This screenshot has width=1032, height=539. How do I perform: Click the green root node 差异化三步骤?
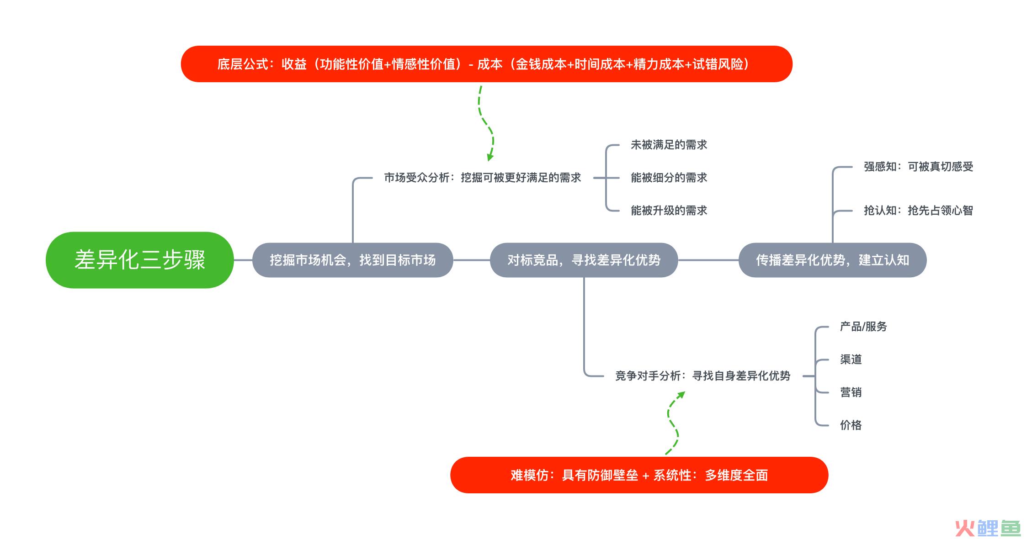[140, 260]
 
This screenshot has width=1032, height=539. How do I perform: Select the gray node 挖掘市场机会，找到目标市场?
[352, 260]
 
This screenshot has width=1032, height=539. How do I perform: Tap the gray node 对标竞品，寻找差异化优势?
[584, 260]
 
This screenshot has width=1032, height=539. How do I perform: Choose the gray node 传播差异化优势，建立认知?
[832, 260]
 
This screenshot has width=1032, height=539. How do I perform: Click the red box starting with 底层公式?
[486, 64]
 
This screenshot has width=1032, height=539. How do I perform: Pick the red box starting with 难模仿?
[639, 475]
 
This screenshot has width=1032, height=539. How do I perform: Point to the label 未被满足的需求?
[669, 145]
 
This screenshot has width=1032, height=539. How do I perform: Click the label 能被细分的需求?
[669, 178]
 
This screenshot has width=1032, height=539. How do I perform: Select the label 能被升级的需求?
[669, 211]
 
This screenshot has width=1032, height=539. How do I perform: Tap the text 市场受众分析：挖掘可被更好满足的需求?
[482, 178]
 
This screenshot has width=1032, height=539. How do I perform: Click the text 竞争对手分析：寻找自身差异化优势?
[702, 376]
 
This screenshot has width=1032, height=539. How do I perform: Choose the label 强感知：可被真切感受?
[918, 167]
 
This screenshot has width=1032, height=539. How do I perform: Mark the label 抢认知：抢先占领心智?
[918, 211]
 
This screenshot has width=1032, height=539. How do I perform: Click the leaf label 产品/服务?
[863, 327]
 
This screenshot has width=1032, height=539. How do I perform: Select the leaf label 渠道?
[851, 359]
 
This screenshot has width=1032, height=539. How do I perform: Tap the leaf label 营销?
[851, 392]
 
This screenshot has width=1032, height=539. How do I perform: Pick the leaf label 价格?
[851, 425]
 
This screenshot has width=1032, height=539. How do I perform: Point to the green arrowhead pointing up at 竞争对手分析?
[681, 395]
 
